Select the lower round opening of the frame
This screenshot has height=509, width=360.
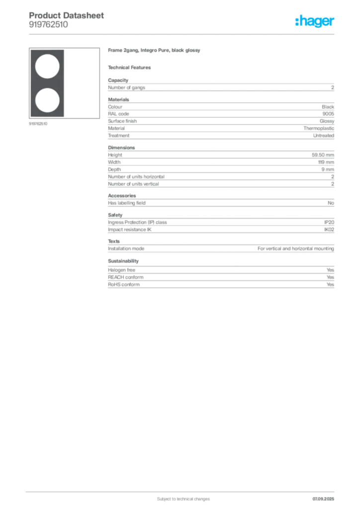pyautogui.click(x=45, y=102)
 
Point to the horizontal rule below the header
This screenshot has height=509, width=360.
pyautogui.click(x=183, y=34)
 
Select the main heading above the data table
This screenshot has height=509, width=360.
pyautogui.click(x=155, y=52)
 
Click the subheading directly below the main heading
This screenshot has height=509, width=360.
pyautogui.click(x=131, y=67)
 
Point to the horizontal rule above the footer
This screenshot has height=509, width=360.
pyautogui.click(x=183, y=490)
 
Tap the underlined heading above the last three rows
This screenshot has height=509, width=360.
pyautogui.click(x=123, y=261)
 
